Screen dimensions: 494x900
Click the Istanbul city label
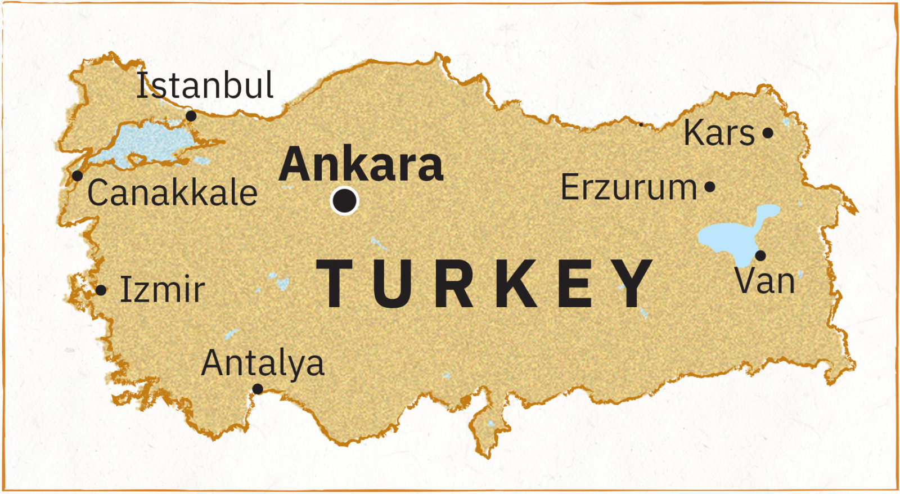[x=205, y=86]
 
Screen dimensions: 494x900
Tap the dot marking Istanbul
[x=191, y=116]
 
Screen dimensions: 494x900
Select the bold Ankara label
[x=361, y=164]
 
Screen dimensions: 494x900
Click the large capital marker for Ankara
[x=345, y=200]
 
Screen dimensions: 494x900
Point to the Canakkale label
[x=172, y=192]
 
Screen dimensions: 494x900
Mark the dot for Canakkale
[x=78, y=176]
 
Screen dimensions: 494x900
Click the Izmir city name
[x=162, y=290]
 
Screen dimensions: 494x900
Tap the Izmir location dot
[x=101, y=290]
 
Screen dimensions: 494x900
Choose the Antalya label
[x=263, y=363]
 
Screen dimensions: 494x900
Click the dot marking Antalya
[x=258, y=389]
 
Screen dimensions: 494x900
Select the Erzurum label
[x=628, y=187]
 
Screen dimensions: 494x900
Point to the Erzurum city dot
[x=710, y=187]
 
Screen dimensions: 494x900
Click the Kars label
[x=718, y=133]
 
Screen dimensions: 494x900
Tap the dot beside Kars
[x=768, y=133]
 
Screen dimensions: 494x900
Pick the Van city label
[x=765, y=281]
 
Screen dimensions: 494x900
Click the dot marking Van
[x=760, y=255]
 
